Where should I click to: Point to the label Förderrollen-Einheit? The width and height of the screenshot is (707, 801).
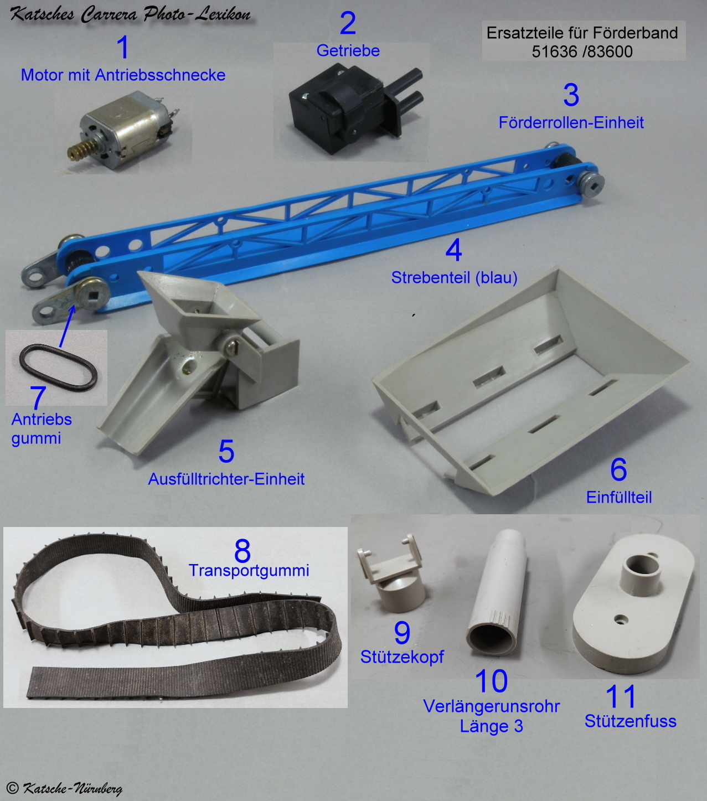(x=571, y=122)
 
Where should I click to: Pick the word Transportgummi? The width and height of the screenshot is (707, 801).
(x=249, y=571)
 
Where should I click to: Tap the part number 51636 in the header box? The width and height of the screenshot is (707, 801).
(x=555, y=52)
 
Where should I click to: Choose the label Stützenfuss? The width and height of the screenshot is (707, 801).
(x=630, y=721)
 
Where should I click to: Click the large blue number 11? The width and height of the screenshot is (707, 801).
(x=620, y=696)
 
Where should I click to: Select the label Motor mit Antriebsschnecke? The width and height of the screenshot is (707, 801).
(x=123, y=75)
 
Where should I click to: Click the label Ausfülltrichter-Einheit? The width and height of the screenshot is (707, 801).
(x=226, y=479)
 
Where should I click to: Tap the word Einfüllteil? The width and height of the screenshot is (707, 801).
(x=619, y=497)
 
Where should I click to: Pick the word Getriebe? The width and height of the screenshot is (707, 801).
(x=348, y=50)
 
